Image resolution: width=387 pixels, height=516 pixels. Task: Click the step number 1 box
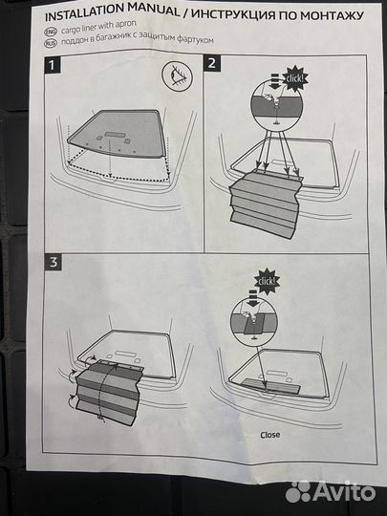53,65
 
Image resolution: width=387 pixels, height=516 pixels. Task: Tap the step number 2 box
212,63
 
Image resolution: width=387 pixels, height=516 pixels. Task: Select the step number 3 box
53,262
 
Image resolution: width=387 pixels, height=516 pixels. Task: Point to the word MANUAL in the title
154,11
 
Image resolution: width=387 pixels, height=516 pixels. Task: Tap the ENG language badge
51,32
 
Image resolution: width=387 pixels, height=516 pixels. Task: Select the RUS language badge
51,43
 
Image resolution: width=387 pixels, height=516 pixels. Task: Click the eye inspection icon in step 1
178,76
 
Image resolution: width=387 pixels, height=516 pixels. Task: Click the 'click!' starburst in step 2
295,78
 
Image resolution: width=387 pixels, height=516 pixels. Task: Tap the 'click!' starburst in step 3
267,281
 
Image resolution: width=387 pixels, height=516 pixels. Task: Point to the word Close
270,435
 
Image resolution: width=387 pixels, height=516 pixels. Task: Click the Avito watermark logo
331,492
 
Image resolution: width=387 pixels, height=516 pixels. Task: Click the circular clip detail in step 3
254,322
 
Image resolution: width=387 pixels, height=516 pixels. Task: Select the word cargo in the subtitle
72,28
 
